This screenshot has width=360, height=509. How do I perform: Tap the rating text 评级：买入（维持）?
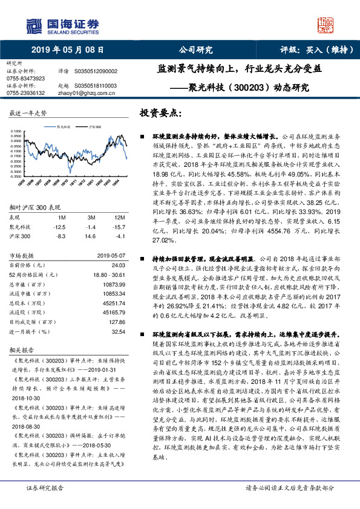point(310,50)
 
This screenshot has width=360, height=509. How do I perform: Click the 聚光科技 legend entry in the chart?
point(64,128)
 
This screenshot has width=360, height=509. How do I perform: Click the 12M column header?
point(120,217)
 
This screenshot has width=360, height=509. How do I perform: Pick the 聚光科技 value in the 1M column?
point(59,226)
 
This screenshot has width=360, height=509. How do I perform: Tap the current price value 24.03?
point(119,265)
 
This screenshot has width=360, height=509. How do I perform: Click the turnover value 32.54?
point(119,332)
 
